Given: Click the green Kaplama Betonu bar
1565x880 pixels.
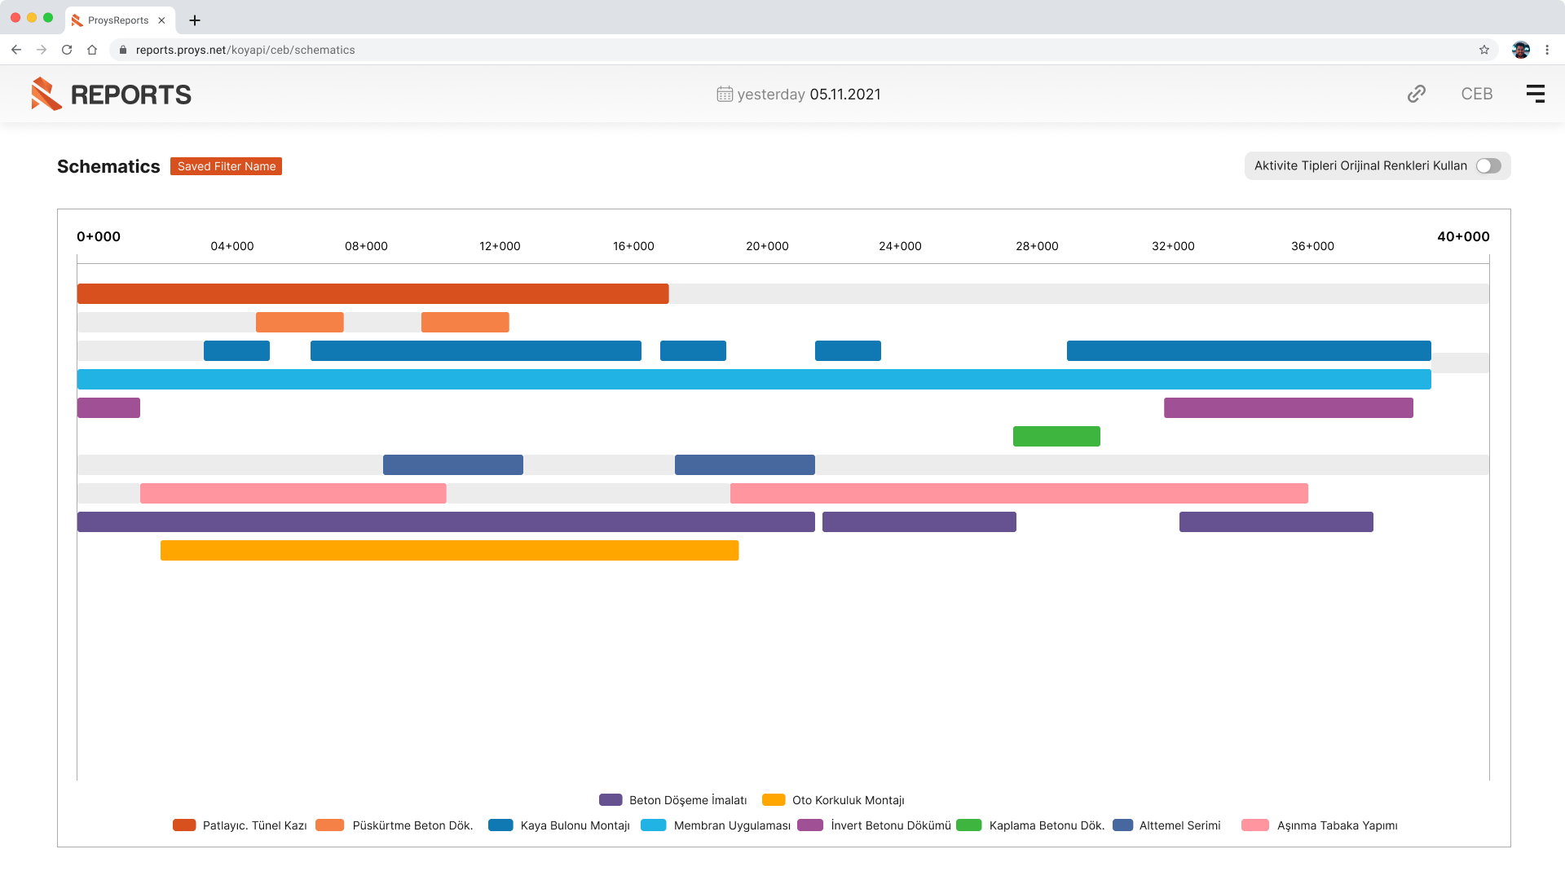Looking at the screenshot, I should [x=1056, y=436].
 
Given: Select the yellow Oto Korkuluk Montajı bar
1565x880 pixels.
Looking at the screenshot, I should [x=449, y=550].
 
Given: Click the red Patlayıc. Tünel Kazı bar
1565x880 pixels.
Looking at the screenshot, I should [x=373, y=293].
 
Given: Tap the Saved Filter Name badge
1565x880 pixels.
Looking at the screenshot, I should [x=226, y=166].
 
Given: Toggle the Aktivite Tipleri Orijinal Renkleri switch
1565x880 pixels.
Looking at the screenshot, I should [x=1488, y=166].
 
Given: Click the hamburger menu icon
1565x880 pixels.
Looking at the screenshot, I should [x=1535, y=94].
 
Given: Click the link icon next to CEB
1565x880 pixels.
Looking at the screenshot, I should [x=1416, y=94].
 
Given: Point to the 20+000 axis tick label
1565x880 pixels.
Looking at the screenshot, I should [x=767, y=246].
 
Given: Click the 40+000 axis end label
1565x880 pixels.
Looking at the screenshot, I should [x=1462, y=236].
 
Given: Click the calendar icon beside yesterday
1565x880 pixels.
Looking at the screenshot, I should [x=725, y=95].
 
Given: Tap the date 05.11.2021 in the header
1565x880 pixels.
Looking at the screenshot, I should [x=844, y=95].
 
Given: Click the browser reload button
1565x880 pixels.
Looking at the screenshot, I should [x=67, y=50].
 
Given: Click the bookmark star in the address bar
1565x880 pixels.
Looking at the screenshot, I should [x=1483, y=50].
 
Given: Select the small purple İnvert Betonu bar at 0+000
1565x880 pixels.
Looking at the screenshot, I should [x=108, y=407].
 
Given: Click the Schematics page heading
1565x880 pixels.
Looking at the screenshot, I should [x=108, y=166].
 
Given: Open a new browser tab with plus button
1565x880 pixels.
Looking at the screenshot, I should [x=194, y=20].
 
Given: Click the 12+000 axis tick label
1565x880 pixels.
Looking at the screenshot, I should [x=500, y=246].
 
